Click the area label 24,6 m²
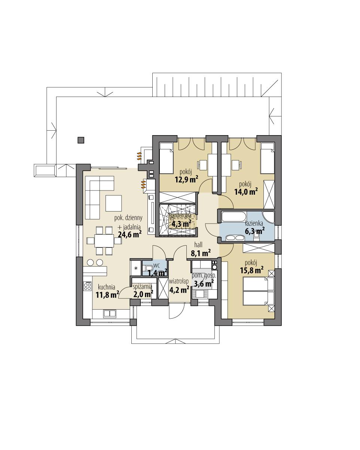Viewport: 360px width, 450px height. coord(129,235)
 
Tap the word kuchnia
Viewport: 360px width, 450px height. coord(106,287)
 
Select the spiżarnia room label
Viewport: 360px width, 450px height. coord(142,286)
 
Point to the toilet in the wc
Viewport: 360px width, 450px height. coord(149,267)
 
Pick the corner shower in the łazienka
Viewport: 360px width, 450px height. coord(269,218)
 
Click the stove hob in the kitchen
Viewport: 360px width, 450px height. coord(88,286)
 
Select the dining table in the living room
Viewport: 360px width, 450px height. coord(103,240)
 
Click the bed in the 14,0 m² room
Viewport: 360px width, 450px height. coord(267,158)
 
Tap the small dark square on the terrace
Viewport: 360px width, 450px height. coord(80,140)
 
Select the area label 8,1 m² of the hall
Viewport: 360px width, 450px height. coord(201,253)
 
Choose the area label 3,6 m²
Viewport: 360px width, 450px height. coord(203,284)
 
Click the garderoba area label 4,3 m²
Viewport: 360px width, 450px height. coord(181,224)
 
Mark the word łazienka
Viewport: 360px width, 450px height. coord(254,224)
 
